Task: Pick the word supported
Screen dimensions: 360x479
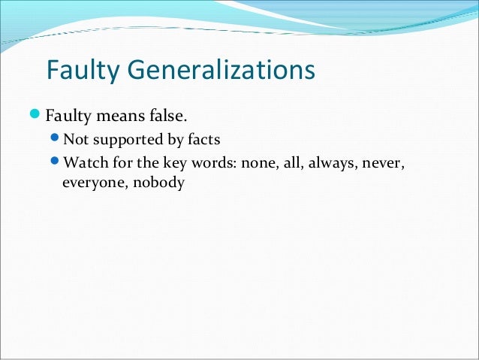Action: click(124, 140)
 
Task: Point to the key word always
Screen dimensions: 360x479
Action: click(326, 163)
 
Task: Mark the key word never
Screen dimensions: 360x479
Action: click(383, 163)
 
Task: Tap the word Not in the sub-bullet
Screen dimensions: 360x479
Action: click(75, 140)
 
